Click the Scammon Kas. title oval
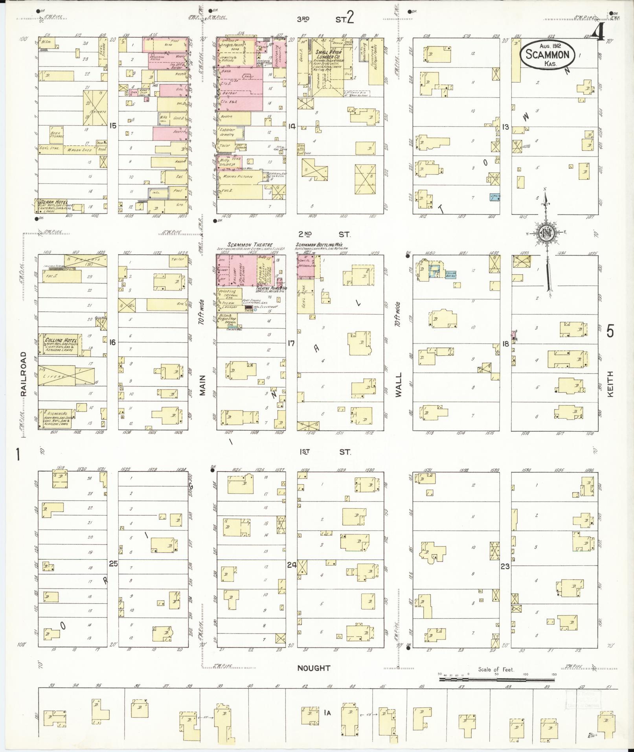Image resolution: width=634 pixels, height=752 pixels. point(547,55)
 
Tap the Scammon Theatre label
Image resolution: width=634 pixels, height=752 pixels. point(250,245)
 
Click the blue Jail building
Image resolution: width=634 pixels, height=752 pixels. point(494,197)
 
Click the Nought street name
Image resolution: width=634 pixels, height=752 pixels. point(313,668)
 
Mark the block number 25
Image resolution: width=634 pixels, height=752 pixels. point(113,564)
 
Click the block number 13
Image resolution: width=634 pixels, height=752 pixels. point(505,127)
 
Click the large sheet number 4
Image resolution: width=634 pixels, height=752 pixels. point(599,35)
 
